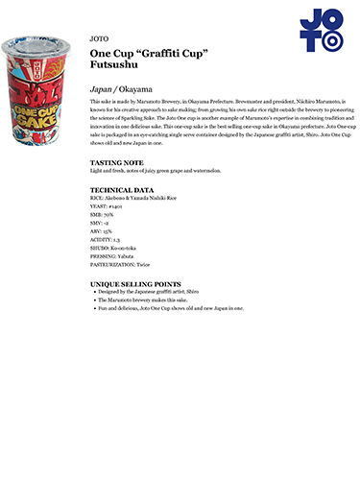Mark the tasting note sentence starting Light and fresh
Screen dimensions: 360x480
[155, 171]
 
